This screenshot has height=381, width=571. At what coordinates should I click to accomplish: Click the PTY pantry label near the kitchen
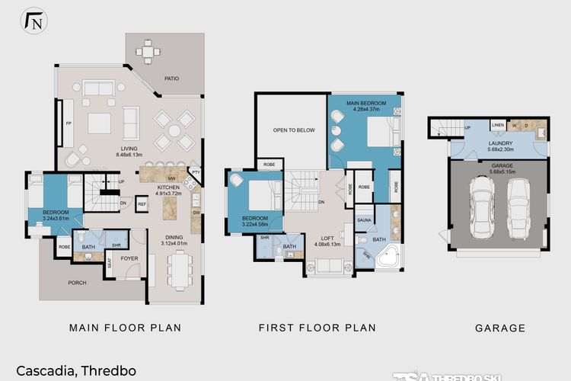195,172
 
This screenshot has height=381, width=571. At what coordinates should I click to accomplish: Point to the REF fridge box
142,203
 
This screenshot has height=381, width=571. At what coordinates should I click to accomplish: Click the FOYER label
129,258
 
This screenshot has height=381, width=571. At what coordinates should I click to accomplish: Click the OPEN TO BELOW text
294,130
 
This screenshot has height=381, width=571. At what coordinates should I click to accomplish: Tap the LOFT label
327,239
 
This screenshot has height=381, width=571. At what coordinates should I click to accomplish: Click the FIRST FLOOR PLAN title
317,328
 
